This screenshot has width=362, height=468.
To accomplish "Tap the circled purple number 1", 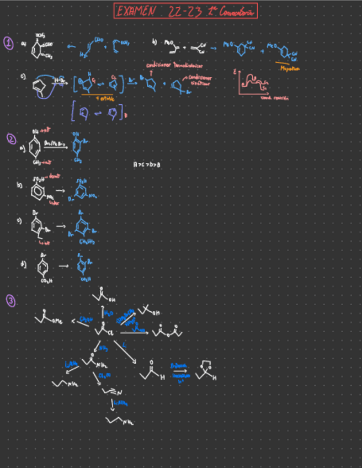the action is pyautogui.click(x=8, y=43).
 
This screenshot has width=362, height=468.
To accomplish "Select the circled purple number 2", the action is pyautogui.click(x=11, y=139).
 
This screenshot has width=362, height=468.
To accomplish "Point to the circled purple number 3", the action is pyautogui.click(x=11, y=301).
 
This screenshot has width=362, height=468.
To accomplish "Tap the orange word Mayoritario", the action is pyautogui.click(x=289, y=68).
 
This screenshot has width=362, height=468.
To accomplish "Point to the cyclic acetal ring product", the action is pyautogui.click(x=205, y=369).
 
